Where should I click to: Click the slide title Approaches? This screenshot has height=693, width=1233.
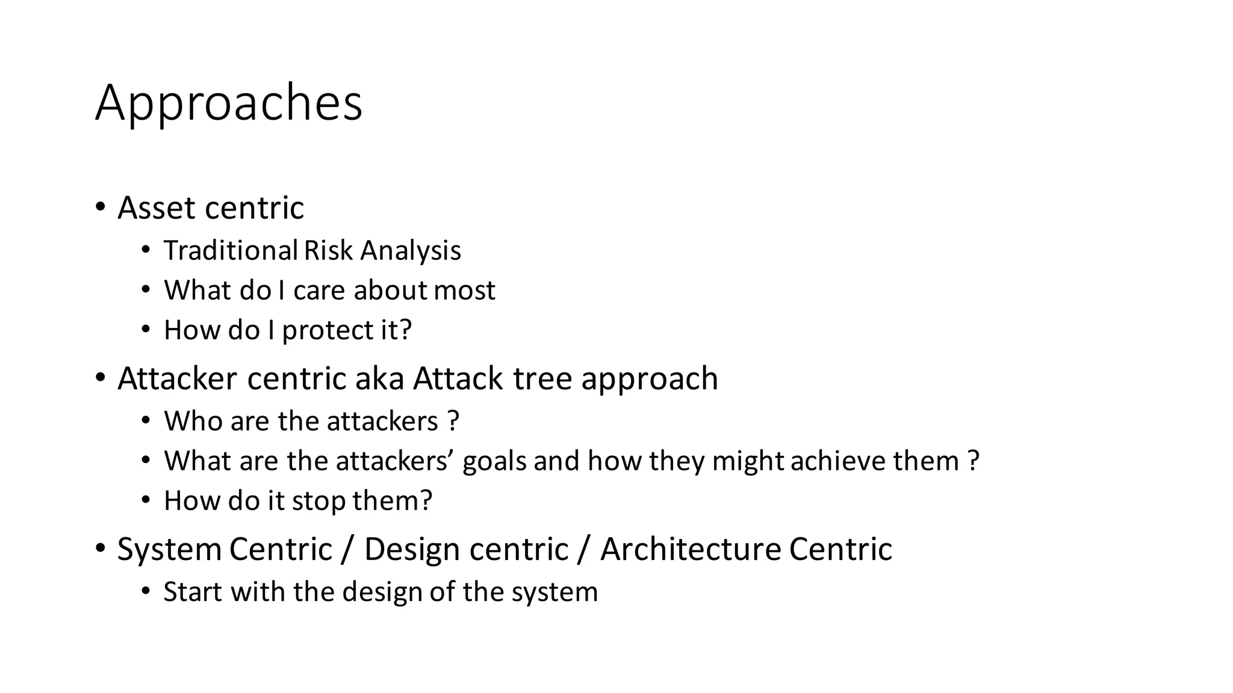coord(229,103)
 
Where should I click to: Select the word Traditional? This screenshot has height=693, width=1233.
coord(231,251)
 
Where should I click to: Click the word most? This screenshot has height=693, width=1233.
coord(464,291)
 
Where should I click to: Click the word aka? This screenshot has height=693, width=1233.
coord(379,379)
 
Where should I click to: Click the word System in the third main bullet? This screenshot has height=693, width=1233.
coord(170,550)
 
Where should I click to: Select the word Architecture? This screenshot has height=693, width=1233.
coord(691,550)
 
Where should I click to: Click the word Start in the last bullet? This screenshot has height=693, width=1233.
coord(193,592)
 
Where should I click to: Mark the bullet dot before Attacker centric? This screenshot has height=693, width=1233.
coord(100,378)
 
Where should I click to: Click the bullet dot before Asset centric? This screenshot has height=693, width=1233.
coord(100,208)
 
